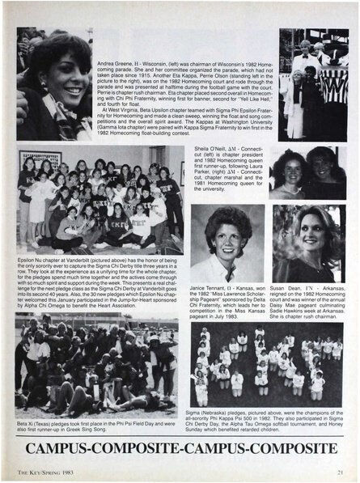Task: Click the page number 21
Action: coord(342,473)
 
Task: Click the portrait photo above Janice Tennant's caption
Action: coord(227,243)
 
